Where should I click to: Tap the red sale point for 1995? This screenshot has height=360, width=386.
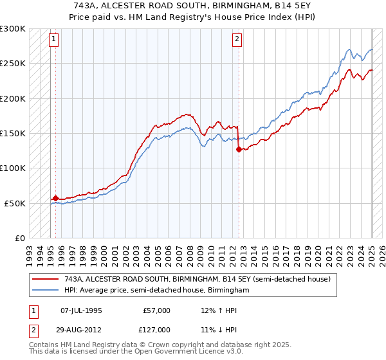[x=55, y=198]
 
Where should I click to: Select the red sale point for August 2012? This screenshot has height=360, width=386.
[x=239, y=149]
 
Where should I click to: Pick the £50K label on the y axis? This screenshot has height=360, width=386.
[x=15, y=203]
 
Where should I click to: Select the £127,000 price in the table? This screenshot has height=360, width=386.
[x=156, y=329]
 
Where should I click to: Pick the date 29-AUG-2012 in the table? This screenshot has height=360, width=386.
[x=82, y=329]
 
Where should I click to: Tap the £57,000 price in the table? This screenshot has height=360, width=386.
[x=156, y=310]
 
